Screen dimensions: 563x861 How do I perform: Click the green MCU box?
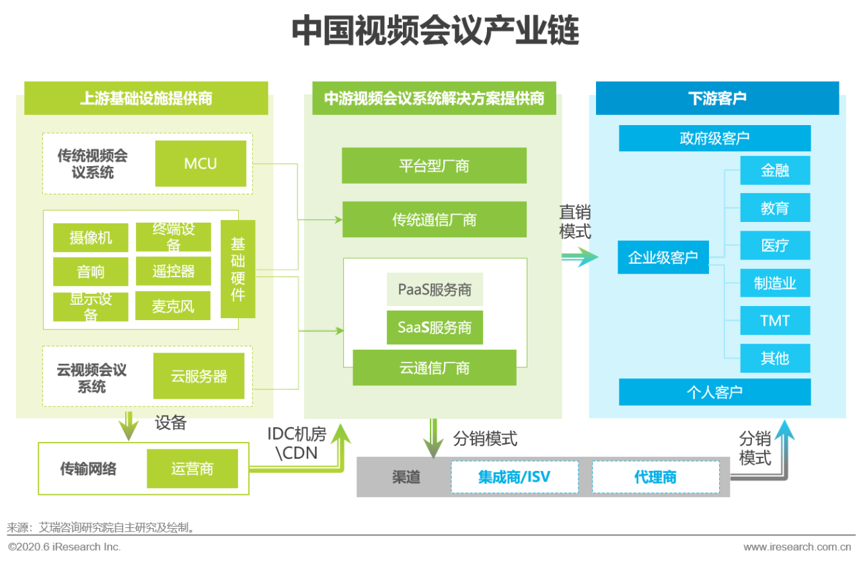tap(200, 163)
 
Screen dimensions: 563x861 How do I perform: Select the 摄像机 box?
tap(91, 237)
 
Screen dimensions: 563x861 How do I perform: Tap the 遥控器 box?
tap(173, 271)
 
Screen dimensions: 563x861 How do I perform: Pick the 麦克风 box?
tap(173, 306)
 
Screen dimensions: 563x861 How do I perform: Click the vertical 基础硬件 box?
tap(237, 268)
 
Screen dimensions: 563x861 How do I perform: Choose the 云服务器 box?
tap(198, 376)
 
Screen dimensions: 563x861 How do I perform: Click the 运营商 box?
tap(192, 468)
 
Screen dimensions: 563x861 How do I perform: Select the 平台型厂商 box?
tap(434, 165)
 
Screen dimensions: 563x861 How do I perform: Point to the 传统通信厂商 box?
tap(434, 219)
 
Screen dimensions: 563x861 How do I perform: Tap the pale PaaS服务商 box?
tap(435, 290)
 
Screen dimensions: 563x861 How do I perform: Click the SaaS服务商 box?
tap(435, 328)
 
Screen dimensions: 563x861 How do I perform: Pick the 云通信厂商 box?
tap(435, 367)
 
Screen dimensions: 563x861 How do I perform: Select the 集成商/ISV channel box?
tap(514, 477)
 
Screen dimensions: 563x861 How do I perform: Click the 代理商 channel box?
tap(655, 477)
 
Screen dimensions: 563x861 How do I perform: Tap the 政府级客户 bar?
tap(714, 139)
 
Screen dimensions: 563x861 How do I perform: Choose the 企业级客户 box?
tap(663, 257)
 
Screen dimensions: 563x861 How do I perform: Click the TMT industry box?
tap(775, 321)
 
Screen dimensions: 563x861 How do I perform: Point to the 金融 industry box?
tap(775, 171)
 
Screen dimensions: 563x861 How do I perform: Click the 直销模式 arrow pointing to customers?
tap(578, 257)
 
